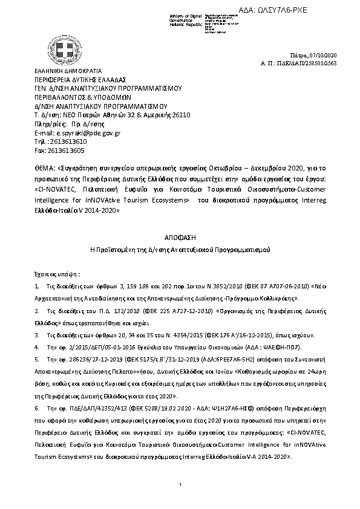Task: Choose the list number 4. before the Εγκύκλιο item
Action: click(x=37, y=348)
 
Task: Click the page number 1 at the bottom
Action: click(x=180, y=486)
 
